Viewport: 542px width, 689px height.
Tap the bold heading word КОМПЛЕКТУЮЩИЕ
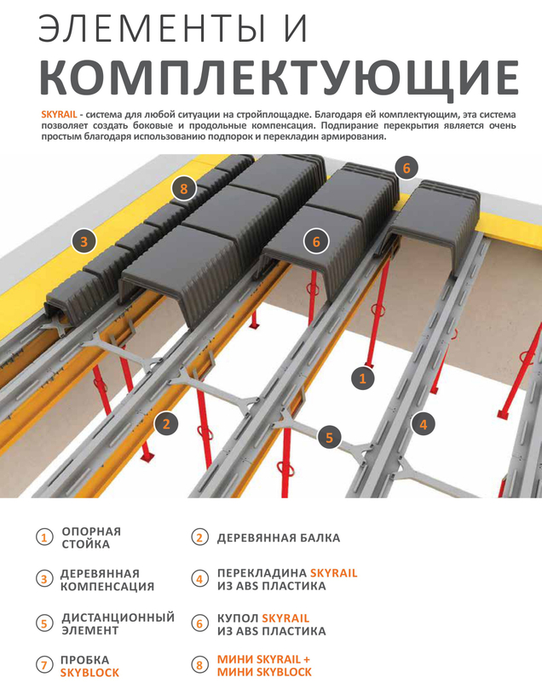point(280,78)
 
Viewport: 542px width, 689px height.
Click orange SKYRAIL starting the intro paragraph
point(59,115)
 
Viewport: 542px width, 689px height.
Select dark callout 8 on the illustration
point(184,188)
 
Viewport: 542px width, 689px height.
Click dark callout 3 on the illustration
point(84,241)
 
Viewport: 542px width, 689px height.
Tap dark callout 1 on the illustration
point(363,378)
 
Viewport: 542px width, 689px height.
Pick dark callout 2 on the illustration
point(165,424)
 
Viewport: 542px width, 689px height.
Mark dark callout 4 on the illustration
point(423,424)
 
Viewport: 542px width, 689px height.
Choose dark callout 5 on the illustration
point(329,437)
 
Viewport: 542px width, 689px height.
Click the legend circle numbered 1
point(44,537)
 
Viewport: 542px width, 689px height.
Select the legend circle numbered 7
point(44,665)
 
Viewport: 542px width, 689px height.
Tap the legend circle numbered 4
point(199,579)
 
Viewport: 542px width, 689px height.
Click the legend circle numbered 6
point(199,623)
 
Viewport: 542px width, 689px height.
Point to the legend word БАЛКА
point(320,538)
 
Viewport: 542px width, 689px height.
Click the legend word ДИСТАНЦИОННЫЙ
point(118,617)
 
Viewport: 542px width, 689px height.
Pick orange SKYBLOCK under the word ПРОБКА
point(89,672)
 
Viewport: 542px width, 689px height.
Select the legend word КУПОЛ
point(238,617)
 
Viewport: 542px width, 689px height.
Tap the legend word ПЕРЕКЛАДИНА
point(262,573)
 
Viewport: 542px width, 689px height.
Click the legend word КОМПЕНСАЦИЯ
point(107,587)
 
